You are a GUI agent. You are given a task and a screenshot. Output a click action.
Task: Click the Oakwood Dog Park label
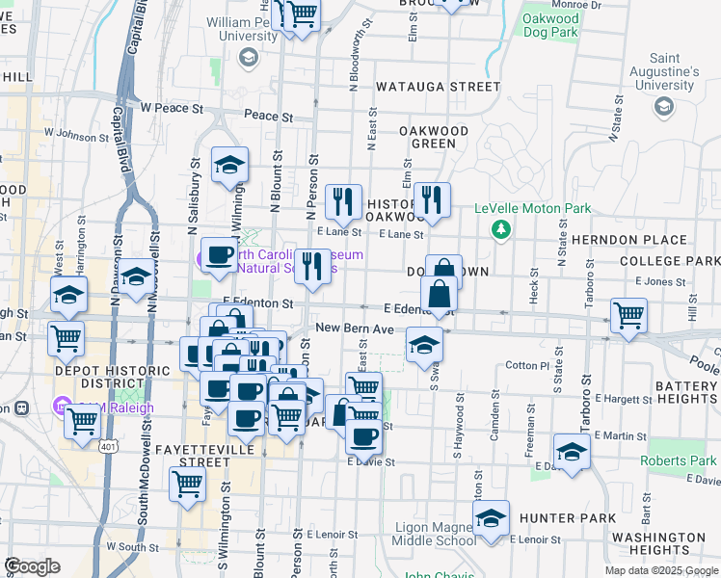[x=549, y=25]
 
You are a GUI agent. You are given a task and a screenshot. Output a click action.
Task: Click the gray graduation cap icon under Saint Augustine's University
[x=663, y=106]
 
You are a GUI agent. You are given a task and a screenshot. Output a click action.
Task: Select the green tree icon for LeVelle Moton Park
[x=499, y=228]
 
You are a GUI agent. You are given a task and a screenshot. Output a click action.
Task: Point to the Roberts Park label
[x=679, y=460]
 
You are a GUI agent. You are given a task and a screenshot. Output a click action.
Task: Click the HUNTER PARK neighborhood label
[x=567, y=518]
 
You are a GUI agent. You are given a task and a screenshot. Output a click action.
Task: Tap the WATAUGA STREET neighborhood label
[x=439, y=87]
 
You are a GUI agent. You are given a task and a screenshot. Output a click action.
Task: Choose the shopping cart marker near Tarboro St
[x=628, y=314]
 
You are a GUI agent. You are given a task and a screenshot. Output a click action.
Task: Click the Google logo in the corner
[x=31, y=565]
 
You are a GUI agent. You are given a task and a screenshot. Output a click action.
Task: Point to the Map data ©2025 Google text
[x=660, y=570]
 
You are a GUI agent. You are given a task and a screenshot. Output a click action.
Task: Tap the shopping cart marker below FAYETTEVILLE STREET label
[x=187, y=485]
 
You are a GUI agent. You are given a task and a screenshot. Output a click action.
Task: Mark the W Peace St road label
[x=171, y=109]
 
